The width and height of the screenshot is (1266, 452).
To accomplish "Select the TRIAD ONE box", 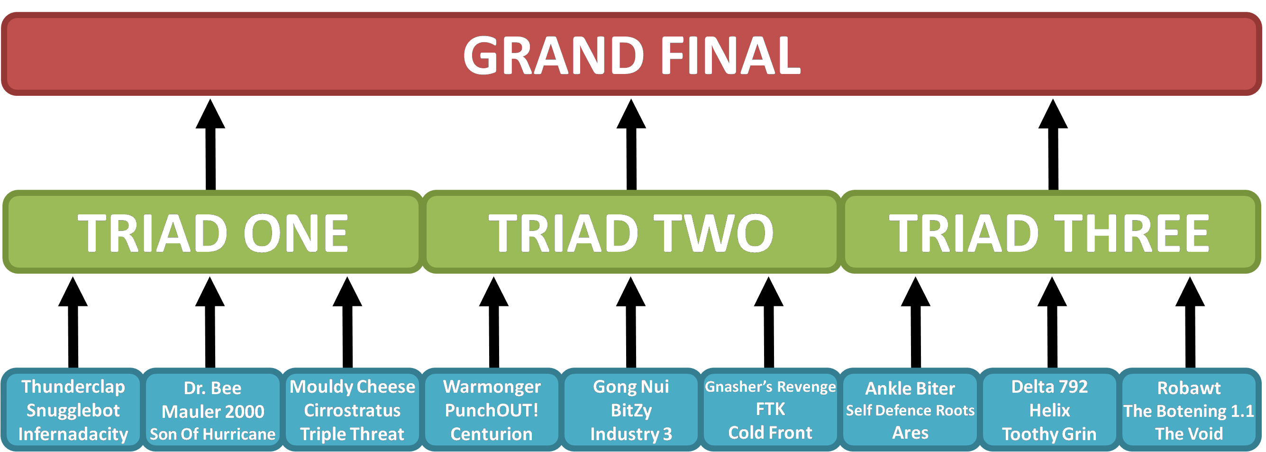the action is point(213,231).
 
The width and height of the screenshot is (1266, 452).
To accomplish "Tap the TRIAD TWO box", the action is point(631,231).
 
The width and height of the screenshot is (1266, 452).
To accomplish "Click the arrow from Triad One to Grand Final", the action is point(210,144).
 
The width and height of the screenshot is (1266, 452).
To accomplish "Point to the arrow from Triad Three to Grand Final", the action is point(1053,144).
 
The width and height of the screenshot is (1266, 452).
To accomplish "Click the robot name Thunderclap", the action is point(73,387).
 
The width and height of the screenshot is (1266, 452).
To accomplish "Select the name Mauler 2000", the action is point(213,411).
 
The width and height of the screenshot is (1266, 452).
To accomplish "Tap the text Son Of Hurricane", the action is point(213,434).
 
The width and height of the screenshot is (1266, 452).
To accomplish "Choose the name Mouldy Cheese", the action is point(352,387).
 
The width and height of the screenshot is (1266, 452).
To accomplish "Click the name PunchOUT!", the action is point(492,410).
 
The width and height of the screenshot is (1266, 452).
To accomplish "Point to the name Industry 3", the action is point(631,434).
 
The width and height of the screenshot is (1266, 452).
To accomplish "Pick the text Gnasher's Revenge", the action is point(770,387).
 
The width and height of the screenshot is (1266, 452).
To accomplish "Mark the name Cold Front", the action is point(770,433).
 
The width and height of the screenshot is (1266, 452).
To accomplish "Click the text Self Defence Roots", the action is point(910,410).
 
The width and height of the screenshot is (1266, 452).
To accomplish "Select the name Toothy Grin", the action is point(1049,434).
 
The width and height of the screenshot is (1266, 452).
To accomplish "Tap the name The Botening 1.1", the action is point(1189,411).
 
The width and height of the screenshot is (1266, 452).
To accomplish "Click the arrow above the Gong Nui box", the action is point(631,322).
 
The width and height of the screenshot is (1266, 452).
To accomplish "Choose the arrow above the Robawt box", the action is point(1190,322).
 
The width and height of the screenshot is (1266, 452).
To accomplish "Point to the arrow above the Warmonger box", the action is point(494,322).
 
